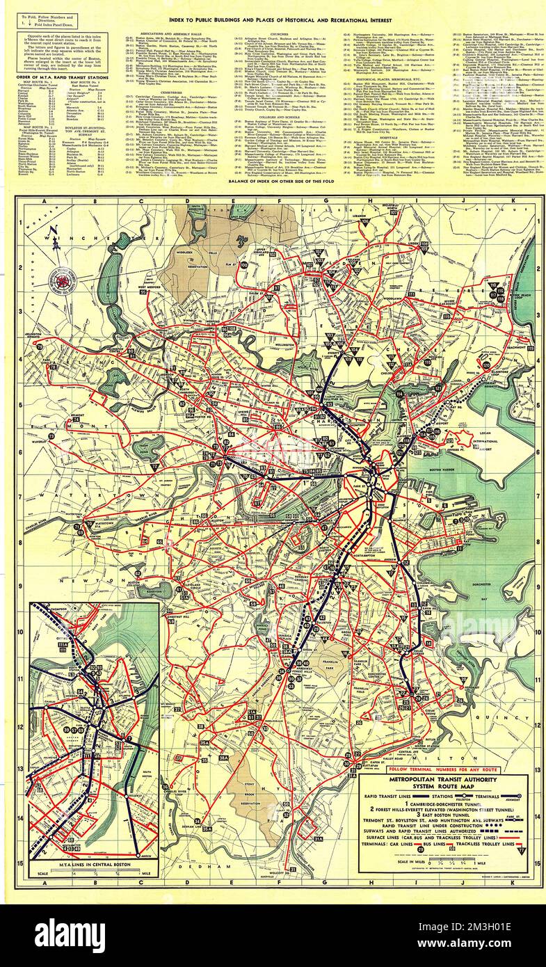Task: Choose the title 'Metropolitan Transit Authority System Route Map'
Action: (449, 786)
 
